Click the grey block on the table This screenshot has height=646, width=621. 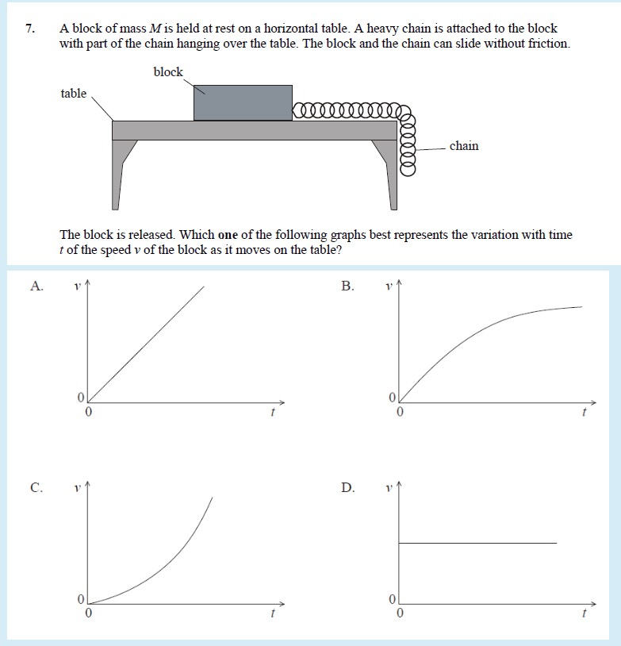point(243,103)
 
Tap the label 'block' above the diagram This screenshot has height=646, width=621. point(168,72)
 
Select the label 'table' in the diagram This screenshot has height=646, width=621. point(74,94)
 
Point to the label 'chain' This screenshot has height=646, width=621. point(464,146)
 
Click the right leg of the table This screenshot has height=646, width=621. point(389,175)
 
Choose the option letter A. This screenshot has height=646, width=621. point(36,286)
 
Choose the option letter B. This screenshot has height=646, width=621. point(347,286)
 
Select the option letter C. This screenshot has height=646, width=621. point(36,487)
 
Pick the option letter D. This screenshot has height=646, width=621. point(347,487)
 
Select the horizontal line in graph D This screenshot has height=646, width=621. point(476,543)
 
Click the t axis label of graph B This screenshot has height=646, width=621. point(584,413)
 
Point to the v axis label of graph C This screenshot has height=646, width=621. point(77,483)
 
